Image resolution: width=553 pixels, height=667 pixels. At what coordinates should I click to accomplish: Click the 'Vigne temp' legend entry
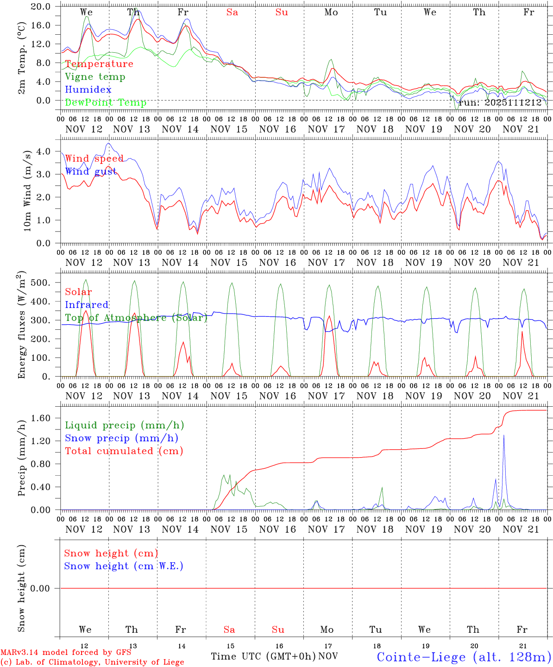[x=95, y=77]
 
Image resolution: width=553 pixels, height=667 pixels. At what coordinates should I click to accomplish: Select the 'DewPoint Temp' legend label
[x=106, y=103]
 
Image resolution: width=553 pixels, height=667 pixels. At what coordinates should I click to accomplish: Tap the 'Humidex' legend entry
[x=88, y=90]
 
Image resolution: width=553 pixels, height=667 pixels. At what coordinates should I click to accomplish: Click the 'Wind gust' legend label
[x=91, y=172]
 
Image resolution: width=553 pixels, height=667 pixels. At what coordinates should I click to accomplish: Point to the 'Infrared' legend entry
[x=87, y=305]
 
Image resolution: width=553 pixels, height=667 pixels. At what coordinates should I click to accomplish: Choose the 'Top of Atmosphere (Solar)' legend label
[x=136, y=318]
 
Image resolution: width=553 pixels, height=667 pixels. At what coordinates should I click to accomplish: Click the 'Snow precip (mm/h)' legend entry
[x=121, y=438]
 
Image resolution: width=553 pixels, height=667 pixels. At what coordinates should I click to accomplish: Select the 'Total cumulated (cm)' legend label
[x=124, y=451]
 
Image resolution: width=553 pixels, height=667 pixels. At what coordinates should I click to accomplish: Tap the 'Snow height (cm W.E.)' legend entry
[x=124, y=566]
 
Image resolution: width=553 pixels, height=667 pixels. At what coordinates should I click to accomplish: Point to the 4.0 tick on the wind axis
[x=44, y=151]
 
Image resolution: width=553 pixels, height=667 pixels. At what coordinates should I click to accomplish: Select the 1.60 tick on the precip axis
[x=41, y=418]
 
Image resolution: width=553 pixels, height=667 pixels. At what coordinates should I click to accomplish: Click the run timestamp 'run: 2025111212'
[x=500, y=103]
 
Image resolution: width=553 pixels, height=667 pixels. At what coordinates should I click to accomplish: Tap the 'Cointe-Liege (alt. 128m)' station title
[x=464, y=657]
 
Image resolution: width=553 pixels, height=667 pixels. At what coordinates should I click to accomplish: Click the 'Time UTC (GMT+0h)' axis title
[x=264, y=656]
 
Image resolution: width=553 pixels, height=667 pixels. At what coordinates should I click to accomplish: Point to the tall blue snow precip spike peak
[x=504, y=435]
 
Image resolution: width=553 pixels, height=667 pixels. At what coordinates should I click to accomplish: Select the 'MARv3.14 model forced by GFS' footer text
[x=66, y=653]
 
